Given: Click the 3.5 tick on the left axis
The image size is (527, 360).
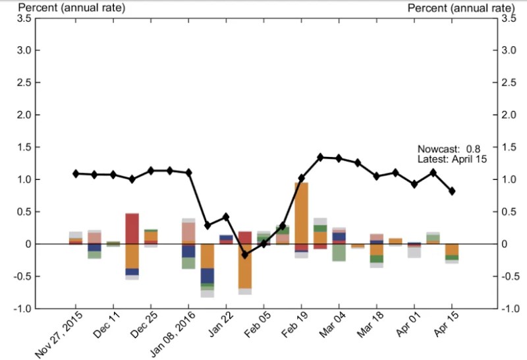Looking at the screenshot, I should [x=23, y=18].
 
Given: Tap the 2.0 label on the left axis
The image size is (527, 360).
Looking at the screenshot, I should [x=23, y=115].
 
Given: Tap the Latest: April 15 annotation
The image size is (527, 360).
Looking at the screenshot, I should [x=451, y=159].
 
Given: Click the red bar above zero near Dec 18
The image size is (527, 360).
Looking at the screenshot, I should [x=132, y=228].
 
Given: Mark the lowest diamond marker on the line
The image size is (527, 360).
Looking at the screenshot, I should [x=244, y=254].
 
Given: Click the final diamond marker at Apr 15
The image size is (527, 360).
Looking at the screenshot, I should [x=452, y=191].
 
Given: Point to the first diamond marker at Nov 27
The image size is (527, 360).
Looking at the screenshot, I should [x=76, y=173].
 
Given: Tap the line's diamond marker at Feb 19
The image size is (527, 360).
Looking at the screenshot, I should [x=301, y=178].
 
